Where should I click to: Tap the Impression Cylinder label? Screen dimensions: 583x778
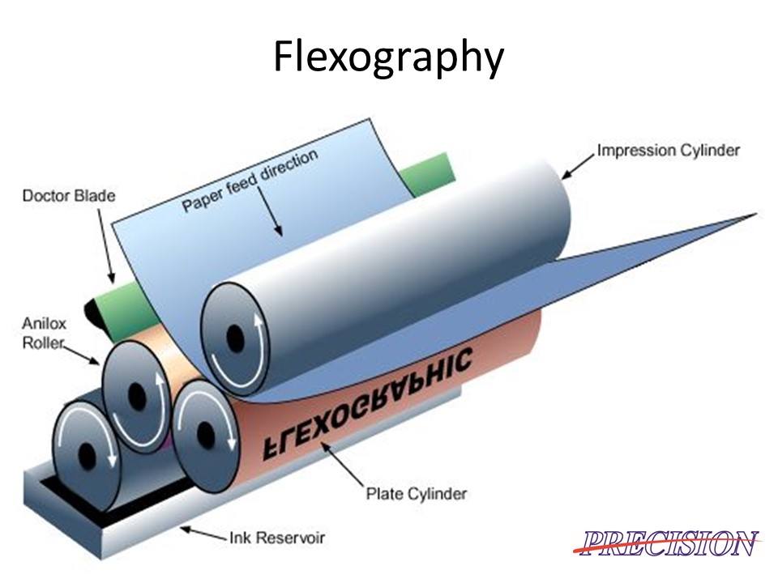pyautogui.click(x=668, y=151)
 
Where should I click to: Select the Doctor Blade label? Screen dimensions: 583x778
pyautogui.click(x=69, y=196)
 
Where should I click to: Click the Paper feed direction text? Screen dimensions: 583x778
pyautogui.click(x=250, y=180)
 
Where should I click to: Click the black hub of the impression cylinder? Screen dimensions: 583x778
pyautogui.click(x=235, y=334)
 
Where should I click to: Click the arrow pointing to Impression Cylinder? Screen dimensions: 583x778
pyautogui.click(x=577, y=165)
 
